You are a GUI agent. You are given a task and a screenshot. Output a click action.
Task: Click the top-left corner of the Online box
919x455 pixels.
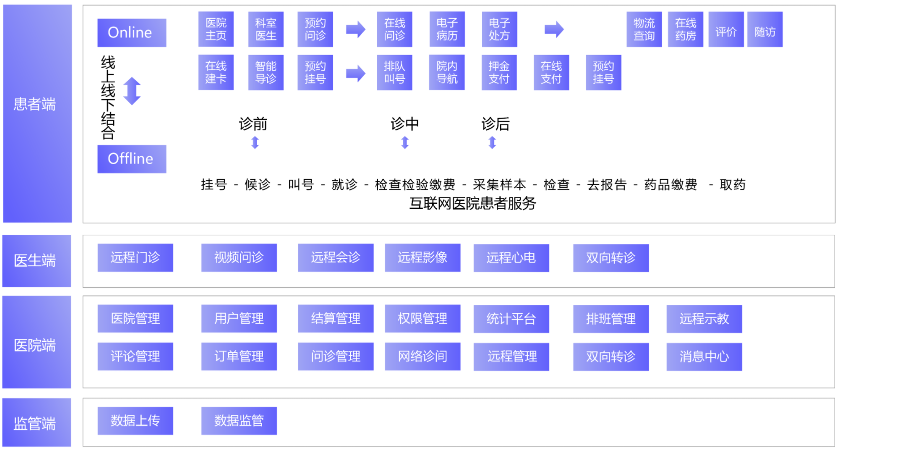(x=97, y=19)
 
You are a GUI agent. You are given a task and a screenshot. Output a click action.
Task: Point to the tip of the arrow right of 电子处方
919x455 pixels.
(x=564, y=29)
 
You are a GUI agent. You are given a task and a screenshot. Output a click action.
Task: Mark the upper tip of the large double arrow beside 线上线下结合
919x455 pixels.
(x=132, y=77)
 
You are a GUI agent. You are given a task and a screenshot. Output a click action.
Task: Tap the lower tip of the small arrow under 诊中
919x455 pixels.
(x=405, y=149)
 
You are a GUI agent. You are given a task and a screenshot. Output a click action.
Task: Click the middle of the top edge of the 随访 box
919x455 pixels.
(x=765, y=12)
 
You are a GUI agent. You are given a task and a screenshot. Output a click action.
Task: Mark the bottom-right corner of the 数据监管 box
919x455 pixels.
(x=277, y=435)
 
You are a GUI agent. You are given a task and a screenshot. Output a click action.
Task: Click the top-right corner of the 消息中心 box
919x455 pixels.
(x=742, y=343)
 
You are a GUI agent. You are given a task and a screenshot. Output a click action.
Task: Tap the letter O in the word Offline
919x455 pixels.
(x=114, y=159)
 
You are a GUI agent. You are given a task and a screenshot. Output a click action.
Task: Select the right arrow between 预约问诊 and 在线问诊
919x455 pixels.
(x=355, y=29)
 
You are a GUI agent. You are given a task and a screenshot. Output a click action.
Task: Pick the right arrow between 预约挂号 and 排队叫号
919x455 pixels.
(x=355, y=73)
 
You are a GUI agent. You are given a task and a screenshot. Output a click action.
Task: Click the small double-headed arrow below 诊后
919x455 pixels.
(x=492, y=143)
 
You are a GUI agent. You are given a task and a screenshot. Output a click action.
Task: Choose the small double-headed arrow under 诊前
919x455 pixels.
(x=255, y=143)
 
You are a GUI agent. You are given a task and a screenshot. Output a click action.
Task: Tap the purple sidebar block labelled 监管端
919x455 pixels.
(x=37, y=422)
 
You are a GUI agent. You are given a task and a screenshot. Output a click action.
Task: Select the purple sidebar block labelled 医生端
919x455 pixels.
(x=37, y=261)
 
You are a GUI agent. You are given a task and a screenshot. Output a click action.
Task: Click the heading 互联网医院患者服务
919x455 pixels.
(x=473, y=203)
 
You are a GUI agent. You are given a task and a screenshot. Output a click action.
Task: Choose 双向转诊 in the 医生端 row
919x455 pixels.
(x=611, y=258)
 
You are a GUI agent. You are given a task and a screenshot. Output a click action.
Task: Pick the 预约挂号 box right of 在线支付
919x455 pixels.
(x=603, y=73)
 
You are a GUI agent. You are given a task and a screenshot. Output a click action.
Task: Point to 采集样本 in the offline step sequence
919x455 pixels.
(x=499, y=185)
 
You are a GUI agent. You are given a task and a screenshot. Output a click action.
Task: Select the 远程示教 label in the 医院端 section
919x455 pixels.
(x=704, y=319)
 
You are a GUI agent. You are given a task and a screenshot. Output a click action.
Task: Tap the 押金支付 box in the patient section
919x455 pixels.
(x=499, y=73)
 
